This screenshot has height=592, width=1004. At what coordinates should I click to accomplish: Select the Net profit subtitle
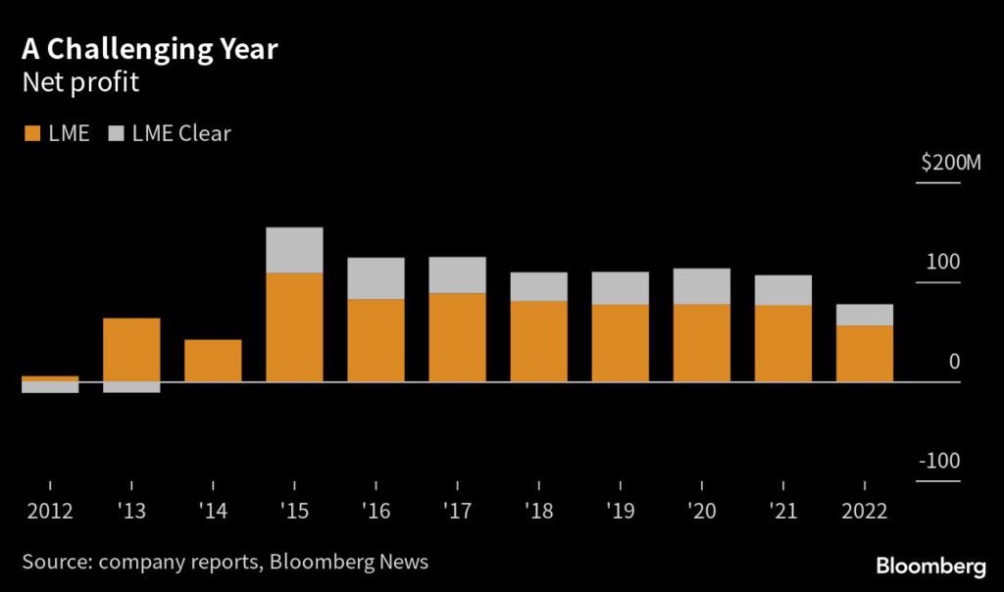[80, 83]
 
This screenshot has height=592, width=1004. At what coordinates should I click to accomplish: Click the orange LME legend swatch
[30, 133]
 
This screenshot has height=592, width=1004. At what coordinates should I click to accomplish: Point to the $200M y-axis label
[950, 163]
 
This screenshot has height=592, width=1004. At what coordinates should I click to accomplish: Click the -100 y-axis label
[939, 462]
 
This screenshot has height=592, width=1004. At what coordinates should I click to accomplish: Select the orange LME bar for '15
[294, 327]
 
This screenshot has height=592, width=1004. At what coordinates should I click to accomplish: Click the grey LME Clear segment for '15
[294, 250]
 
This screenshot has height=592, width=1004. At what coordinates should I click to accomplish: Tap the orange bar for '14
[213, 361]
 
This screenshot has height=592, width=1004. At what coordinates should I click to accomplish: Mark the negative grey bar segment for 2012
[50, 387]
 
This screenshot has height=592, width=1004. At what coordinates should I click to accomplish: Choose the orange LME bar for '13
[131, 350]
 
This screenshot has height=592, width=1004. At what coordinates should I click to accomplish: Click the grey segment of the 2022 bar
[864, 315]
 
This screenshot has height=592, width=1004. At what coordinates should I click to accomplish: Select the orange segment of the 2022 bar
[864, 353]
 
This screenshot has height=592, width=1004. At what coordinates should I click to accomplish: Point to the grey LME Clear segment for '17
[457, 275]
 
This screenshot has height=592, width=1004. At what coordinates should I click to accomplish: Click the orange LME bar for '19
[620, 343]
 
